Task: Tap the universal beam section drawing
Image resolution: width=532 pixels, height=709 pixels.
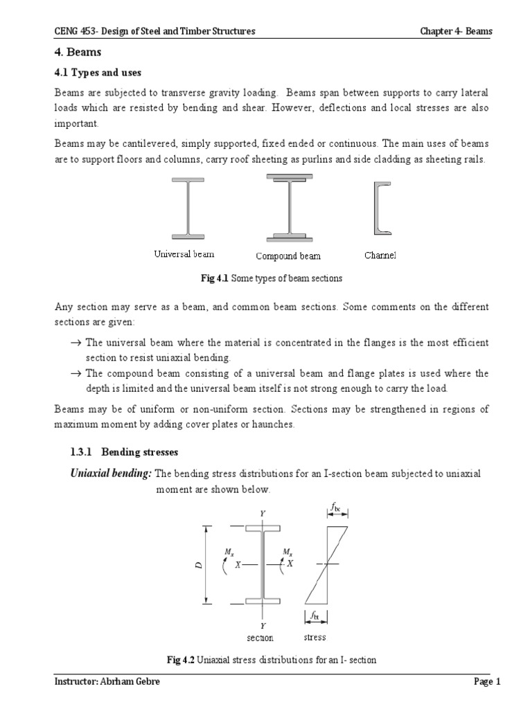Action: tap(185, 208)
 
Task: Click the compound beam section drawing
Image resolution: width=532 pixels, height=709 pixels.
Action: tap(288, 207)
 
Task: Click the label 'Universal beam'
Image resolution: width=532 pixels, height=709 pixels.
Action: tap(184, 255)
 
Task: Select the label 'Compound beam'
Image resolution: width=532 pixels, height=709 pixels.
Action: tap(288, 256)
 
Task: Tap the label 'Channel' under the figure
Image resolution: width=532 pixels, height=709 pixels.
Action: tap(380, 255)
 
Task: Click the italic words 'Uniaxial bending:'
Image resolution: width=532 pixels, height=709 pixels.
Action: tap(110, 473)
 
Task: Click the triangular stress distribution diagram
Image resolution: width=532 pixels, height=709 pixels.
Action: tap(326, 564)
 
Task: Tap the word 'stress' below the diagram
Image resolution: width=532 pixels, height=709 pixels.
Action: tap(314, 637)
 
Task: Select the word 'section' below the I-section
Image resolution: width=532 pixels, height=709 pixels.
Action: tap(260, 638)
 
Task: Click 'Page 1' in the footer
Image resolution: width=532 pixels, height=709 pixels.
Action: tap(487, 682)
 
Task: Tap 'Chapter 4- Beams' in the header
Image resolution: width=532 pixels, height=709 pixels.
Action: tap(456, 31)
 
